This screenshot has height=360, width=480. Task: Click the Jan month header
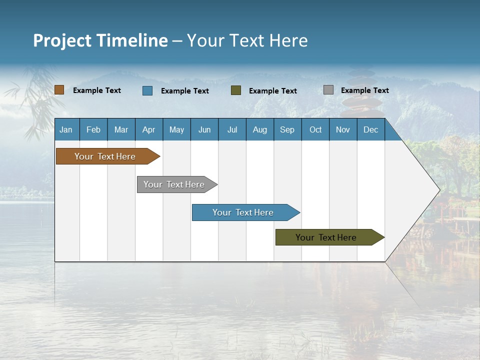click(x=66, y=129)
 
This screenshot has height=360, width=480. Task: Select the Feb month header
click(x=93, y=129)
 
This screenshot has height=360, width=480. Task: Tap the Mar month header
click(x=121, y=129)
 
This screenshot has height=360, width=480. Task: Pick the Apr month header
click(x=149, y=129)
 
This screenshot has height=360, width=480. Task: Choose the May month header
click(x=176, y=129)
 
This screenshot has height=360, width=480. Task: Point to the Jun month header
click(x=204, y=129)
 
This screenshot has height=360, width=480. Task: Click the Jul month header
click(x=232, y=129)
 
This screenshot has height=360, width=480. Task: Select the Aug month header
click(x=260, y=129)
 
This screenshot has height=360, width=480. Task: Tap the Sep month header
click(x=287, y=129)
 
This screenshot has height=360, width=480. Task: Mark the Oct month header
click(x=315, y=129)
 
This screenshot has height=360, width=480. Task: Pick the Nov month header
click(x=343, y=129)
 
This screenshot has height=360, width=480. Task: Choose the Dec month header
click(x=371, y=129)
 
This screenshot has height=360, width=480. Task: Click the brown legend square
click(x=59, y=90)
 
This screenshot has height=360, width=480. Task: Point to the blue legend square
click(x=147, y=90)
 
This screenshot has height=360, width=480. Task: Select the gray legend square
click(x=328, y=90)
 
